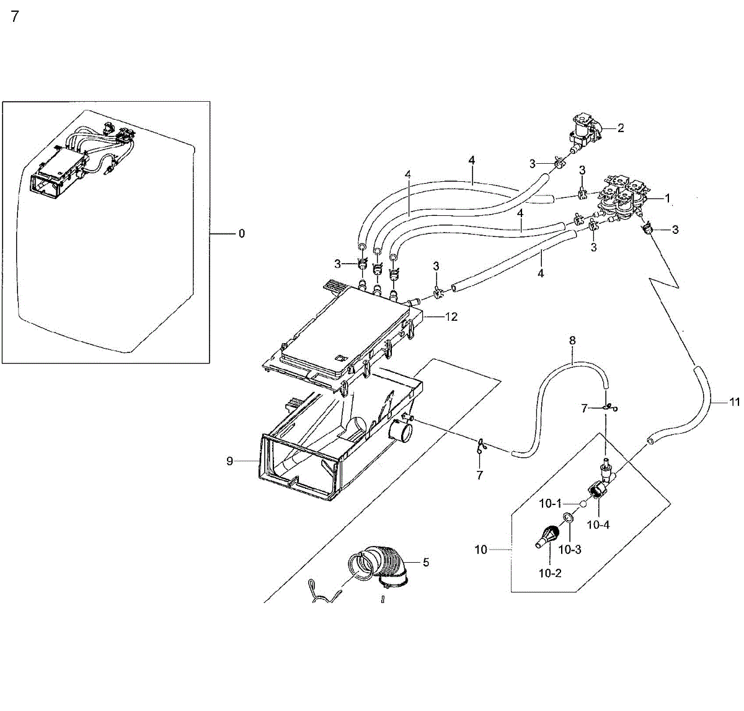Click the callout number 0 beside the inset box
241,234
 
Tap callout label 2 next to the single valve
621,128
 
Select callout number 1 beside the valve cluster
668,199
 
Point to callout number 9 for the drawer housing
229,461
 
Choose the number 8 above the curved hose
572,341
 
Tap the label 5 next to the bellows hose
426,563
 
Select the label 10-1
550,504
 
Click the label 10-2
549,573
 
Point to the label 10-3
569,550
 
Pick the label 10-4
598,525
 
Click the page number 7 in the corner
15,17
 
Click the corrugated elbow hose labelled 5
386,565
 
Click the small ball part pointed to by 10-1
583,504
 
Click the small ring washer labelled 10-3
568,518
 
